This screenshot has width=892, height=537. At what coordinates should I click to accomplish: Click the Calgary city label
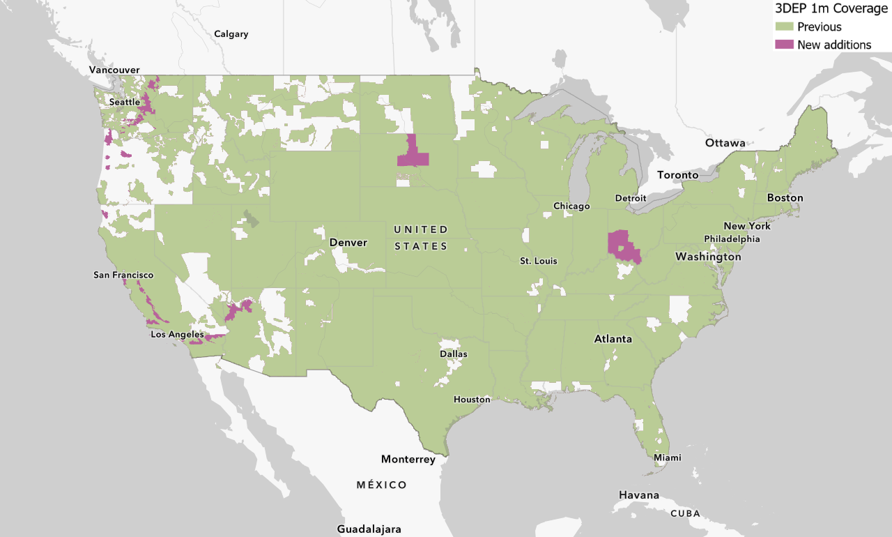coord(231,34)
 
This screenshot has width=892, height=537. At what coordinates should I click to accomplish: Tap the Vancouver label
coord(114,70)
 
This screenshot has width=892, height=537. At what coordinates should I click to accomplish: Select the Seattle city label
coord(125,103)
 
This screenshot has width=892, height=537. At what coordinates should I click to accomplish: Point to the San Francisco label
coord(123,275)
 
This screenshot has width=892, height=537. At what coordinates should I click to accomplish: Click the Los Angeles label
coord(177,335)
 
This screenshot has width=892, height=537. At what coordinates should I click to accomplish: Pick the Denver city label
coord(348,243)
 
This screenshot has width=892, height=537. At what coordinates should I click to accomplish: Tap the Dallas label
coord(454,354)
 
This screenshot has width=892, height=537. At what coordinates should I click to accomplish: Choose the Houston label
coord(472,400)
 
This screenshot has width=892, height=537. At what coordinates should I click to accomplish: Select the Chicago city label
coord(571,206)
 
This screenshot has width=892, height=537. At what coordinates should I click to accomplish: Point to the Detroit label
coord(631,199)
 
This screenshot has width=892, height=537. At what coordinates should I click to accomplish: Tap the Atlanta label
coord(613,340)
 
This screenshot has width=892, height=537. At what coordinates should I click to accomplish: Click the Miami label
coord(667,458)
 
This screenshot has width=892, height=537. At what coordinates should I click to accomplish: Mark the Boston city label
coord(785,198)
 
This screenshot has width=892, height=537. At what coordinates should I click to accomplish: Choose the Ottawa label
coord(725,143)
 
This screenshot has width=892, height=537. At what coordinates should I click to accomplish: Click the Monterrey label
coord(408,460)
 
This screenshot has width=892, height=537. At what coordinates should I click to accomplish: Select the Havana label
coord(638,495)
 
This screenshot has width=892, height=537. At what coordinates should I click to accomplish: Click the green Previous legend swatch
coord(785,27)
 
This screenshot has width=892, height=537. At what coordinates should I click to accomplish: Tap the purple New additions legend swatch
coord(785,45)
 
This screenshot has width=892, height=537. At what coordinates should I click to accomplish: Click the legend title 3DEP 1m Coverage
coord(831,9)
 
